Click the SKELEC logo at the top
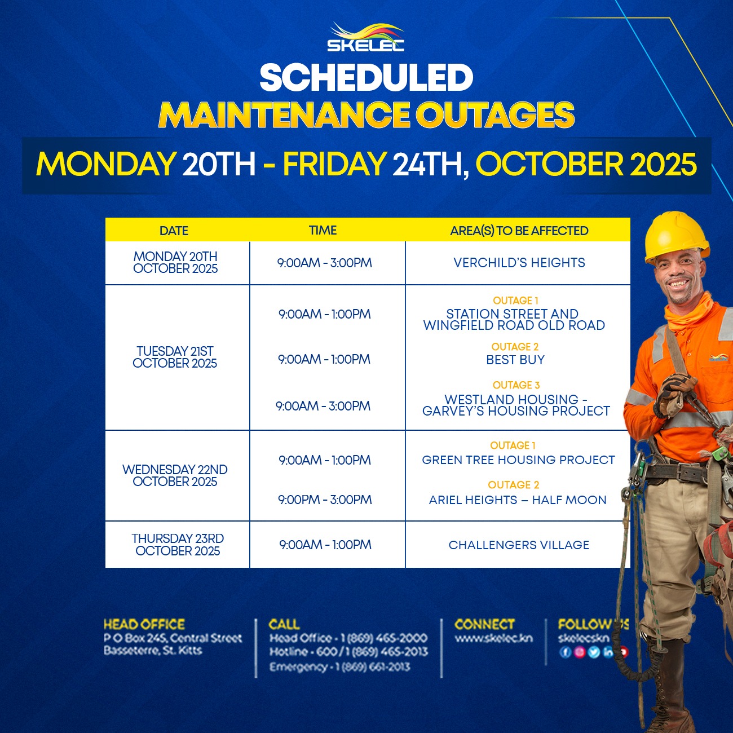[x=365, y=37]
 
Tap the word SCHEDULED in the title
[x=366, y=77]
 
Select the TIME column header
[x=323, y=230]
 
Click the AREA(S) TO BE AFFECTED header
[x=519, y=231]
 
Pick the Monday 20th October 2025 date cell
[x=175, y=262]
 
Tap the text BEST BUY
[x=515, y=360]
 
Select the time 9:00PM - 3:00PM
[x=325, y=500]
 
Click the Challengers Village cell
[x=519, y=545]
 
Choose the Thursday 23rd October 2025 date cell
[x=178, y=545]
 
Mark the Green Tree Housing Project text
[x=519, y=460]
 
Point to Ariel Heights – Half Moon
[x=518, y=500]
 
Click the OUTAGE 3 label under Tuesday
[x=516, y=385]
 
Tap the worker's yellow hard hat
[x=676, y=235]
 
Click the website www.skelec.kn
[x=494, y=638]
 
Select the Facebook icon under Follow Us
[x=565, y=652]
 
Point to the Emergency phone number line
[x=339, y=667]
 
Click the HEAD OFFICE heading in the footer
[x=144, y=624]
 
